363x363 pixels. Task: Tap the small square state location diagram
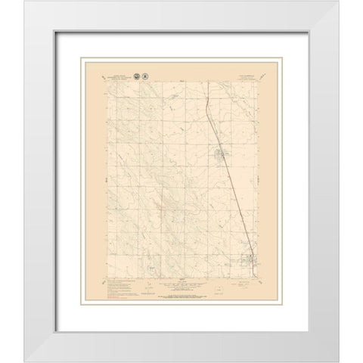click(x=218, y=288)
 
